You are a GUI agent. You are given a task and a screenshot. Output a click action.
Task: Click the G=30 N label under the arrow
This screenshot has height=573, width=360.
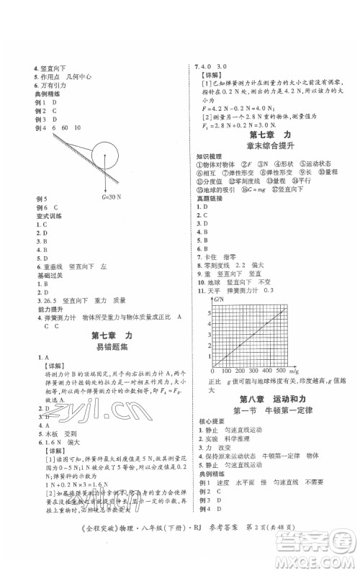pyautogui.click(x=110, y=197)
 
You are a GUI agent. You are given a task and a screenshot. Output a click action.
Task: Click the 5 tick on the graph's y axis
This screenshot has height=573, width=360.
pyautogui.click(x=210, y=312)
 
